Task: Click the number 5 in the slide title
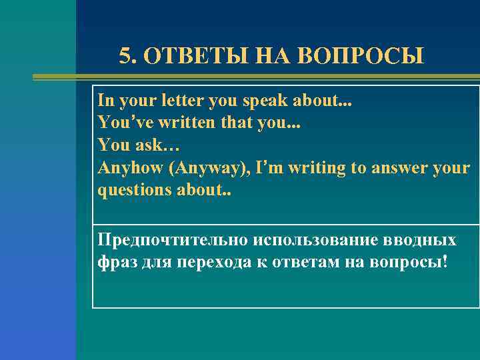125,56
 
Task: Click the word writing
314,167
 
